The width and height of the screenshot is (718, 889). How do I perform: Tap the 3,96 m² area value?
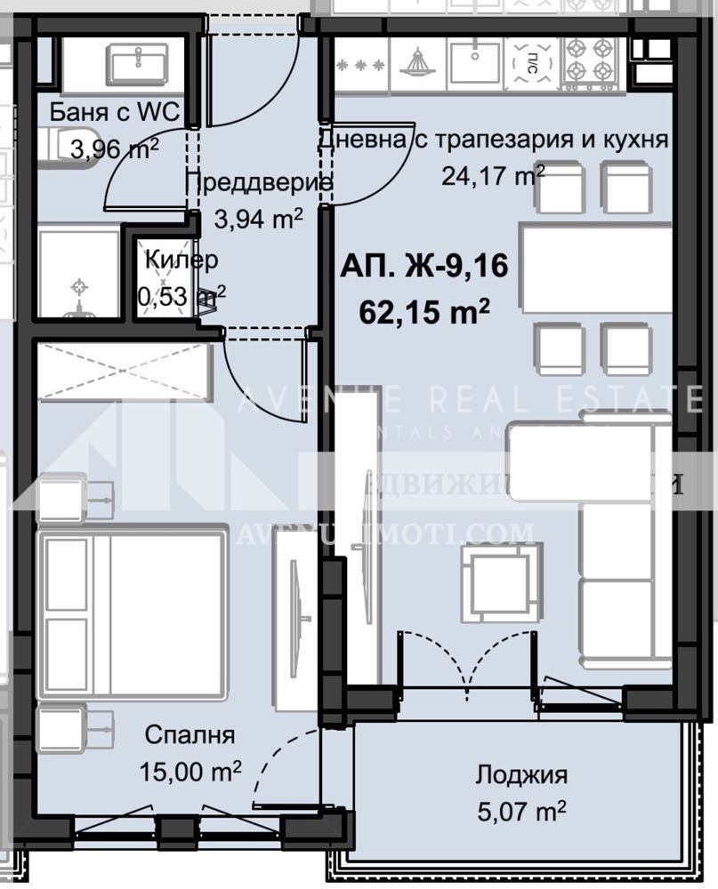[x=114, y=148]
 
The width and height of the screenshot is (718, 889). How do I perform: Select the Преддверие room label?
[x=258, y=182]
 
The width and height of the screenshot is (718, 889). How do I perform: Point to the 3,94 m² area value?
[x=258, y=216]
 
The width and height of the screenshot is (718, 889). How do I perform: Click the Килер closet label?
[x=182, y=260]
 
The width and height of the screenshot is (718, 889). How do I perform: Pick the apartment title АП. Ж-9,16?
[x=424, y=267]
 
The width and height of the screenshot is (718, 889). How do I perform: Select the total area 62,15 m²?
[x=424, y=311]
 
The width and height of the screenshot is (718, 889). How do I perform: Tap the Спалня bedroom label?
[x=190, y=735]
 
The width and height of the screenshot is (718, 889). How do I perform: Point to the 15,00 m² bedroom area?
[x=190, y=770]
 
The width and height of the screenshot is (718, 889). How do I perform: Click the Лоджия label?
[x=520, y=774]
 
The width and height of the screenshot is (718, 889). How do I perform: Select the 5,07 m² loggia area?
[x=520, y=810]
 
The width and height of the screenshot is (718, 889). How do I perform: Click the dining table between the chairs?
[x=596, y=269]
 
